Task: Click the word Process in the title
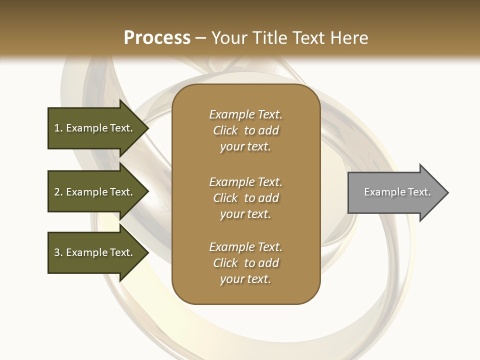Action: [x=157, y=38]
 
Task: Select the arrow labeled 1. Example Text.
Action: [x=95, y=128]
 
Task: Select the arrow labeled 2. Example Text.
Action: [x=95, y=192]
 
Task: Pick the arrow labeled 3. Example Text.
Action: [x=95, y=252]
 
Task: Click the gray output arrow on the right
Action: [x=395, y=192]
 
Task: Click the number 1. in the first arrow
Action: [x=58, y=128]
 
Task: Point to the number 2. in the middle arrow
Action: [x=58, y=192]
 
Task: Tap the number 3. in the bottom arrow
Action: [x=58, y=252]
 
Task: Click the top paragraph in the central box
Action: [x=245, y=130]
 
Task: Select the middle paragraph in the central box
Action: [x=245, y=198]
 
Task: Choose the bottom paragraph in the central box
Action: [x=245, y=263]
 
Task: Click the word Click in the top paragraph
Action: [x=225, y=130]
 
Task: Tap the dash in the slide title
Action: [x=201, y=38]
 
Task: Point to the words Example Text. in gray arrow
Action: [x=397, y=192]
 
